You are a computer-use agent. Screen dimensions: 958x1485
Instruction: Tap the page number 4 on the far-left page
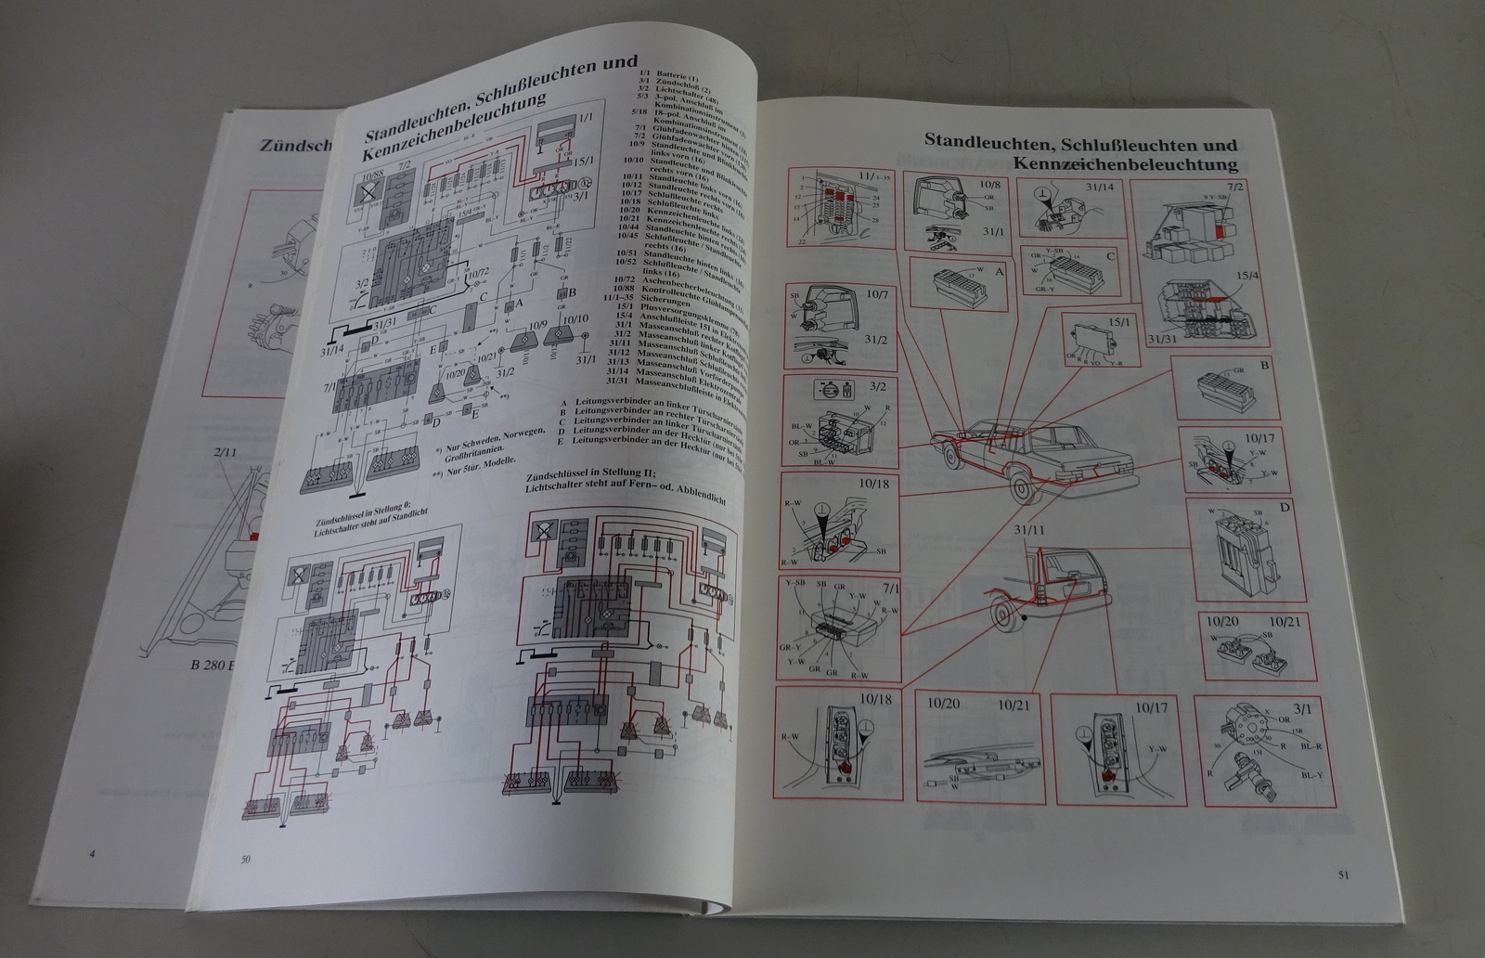(91, 853)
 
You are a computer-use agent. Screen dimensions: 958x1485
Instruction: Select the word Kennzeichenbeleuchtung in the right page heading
(1126, 164)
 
